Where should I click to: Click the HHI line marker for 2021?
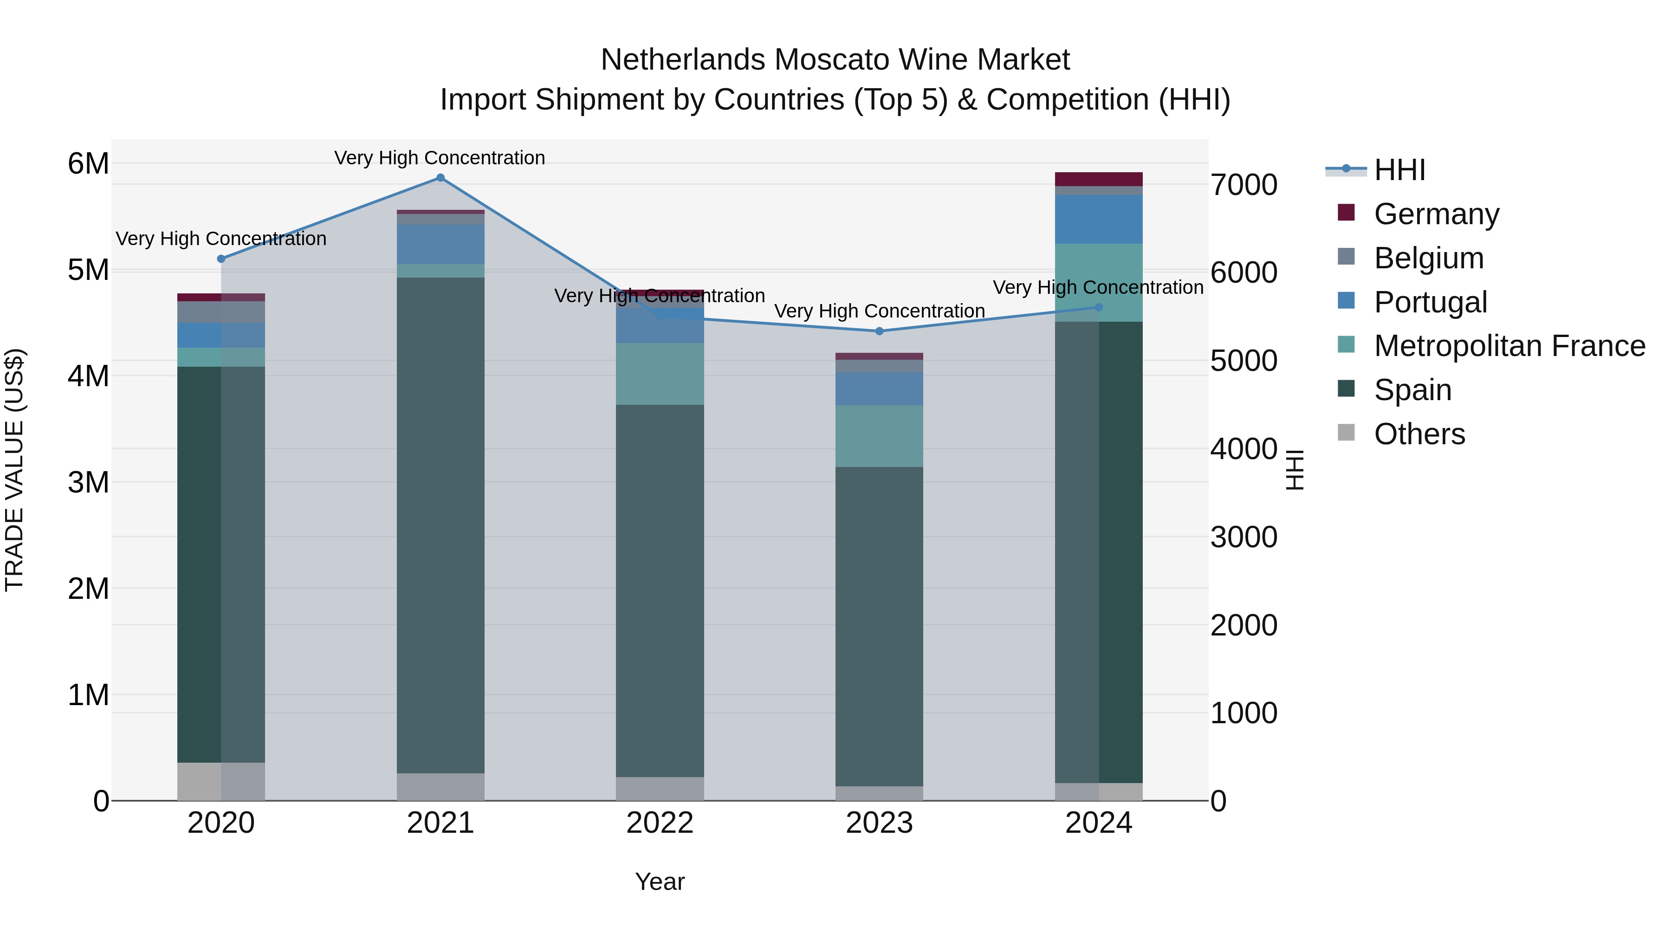click(x=440, y=178)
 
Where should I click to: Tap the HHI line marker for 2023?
click(x=880, y=331)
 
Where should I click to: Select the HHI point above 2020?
click(x=221, y=259)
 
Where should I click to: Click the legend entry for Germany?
click(x=1436, y=214)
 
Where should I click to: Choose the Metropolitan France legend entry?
click(x=1509, y=346)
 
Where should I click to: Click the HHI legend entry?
click(x=1399, y=170)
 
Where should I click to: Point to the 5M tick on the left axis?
click(x=88, y=270)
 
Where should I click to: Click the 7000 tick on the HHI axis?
click(x=1244, y=185)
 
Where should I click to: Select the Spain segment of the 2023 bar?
click(x=879, y=626)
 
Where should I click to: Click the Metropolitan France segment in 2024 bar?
click(x=1098, y=283)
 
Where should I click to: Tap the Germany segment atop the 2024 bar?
click(x=1098, y=179)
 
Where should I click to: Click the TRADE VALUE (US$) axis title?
click(x=14, y=470)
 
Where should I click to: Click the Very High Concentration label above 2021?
click(x=440, y=158)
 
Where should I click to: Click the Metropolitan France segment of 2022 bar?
click(x=660, y=374)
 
